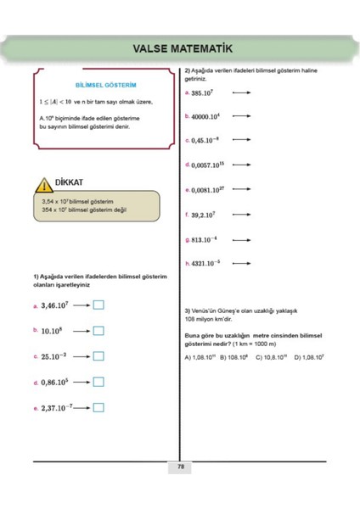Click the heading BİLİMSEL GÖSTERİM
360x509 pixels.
pyautogui.click(x=106, y=86)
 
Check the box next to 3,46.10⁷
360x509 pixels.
pyautogui.click(x=98, y=305)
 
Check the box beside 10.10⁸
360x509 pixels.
pyautogui.click(x=98, y=331)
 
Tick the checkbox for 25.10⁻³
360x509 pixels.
pyautogui.click(x=98, y=356)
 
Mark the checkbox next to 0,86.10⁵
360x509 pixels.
pyautogui.click(x=98, y=383)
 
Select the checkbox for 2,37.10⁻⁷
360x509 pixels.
pyautogui.click(x=98, y=407)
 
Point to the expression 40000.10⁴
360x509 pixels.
pyautogui.click(x=208, y=116)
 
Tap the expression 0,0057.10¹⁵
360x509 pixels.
pyautogui.click(x=211, y=165)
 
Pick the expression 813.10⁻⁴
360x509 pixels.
pyautogui.click(x=205, y=240)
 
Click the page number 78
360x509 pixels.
pyautogui.click(x=181, y=467)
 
